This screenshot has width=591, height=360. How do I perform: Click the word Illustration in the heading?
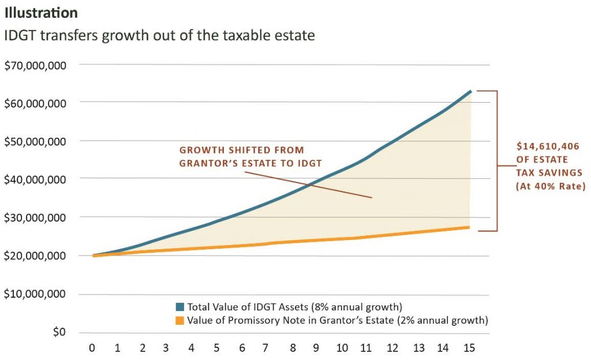(41, 12)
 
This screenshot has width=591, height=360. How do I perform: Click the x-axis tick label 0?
(92, 348)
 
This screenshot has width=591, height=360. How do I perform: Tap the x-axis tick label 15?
(469, 348)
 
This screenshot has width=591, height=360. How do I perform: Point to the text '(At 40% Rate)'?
(543, 186)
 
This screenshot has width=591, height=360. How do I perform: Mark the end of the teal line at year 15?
(471, 91)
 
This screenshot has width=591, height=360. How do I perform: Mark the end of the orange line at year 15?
(469, 227)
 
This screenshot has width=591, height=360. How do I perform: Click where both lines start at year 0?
(93, 255)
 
